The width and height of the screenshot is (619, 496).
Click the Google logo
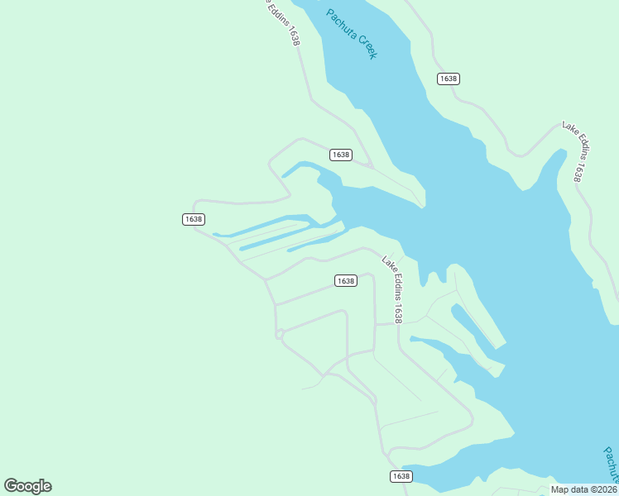[27, 486]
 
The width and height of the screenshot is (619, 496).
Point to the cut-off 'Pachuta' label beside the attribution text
[611, 465]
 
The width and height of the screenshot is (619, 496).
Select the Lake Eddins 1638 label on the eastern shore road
[574, 152]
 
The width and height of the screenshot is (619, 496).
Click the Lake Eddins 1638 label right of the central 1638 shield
[392, 289]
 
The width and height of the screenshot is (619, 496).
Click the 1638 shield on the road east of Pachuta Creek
[448, 79]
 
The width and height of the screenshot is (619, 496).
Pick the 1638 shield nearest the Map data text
[401, 476]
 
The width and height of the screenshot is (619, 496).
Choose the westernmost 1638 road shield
[194, 219]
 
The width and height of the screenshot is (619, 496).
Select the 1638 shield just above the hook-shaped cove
[341, 155]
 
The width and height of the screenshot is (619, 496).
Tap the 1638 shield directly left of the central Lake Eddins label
[346, 281]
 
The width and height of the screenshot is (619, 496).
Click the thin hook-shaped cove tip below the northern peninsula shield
[290, 171]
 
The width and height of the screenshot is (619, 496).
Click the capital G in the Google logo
[12, 486]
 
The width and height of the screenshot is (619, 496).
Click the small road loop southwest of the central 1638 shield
[280, 334]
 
